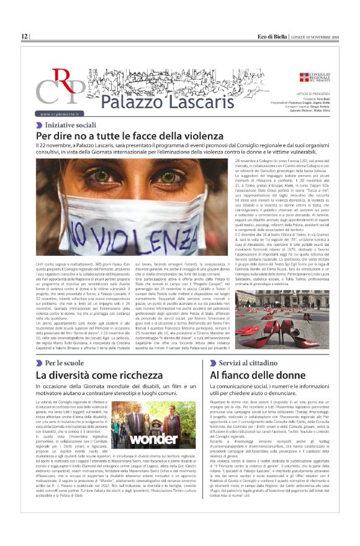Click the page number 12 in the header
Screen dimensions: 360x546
(24, 37)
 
